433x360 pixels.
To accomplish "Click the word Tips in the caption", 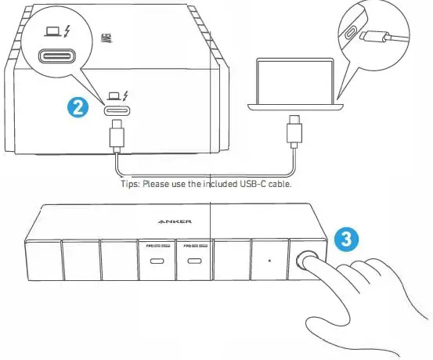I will (x=127, y=184).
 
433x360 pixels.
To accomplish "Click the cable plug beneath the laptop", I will (x=294, y=131).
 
